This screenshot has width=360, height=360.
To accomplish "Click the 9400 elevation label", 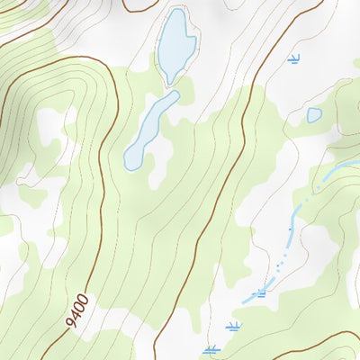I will coord(77,310).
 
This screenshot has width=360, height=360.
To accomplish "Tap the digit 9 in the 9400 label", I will coord(71,322).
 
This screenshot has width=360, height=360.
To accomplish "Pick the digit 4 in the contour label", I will coord(76,315).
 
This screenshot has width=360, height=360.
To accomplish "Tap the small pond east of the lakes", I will coord(314,114).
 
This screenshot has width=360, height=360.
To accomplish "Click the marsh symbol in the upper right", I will coord(292,59).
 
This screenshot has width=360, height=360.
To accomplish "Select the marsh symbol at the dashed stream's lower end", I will coord(261,292).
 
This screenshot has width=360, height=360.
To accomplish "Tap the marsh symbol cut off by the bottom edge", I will coord(211,350).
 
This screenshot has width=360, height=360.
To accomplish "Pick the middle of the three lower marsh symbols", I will coord(234,325).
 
